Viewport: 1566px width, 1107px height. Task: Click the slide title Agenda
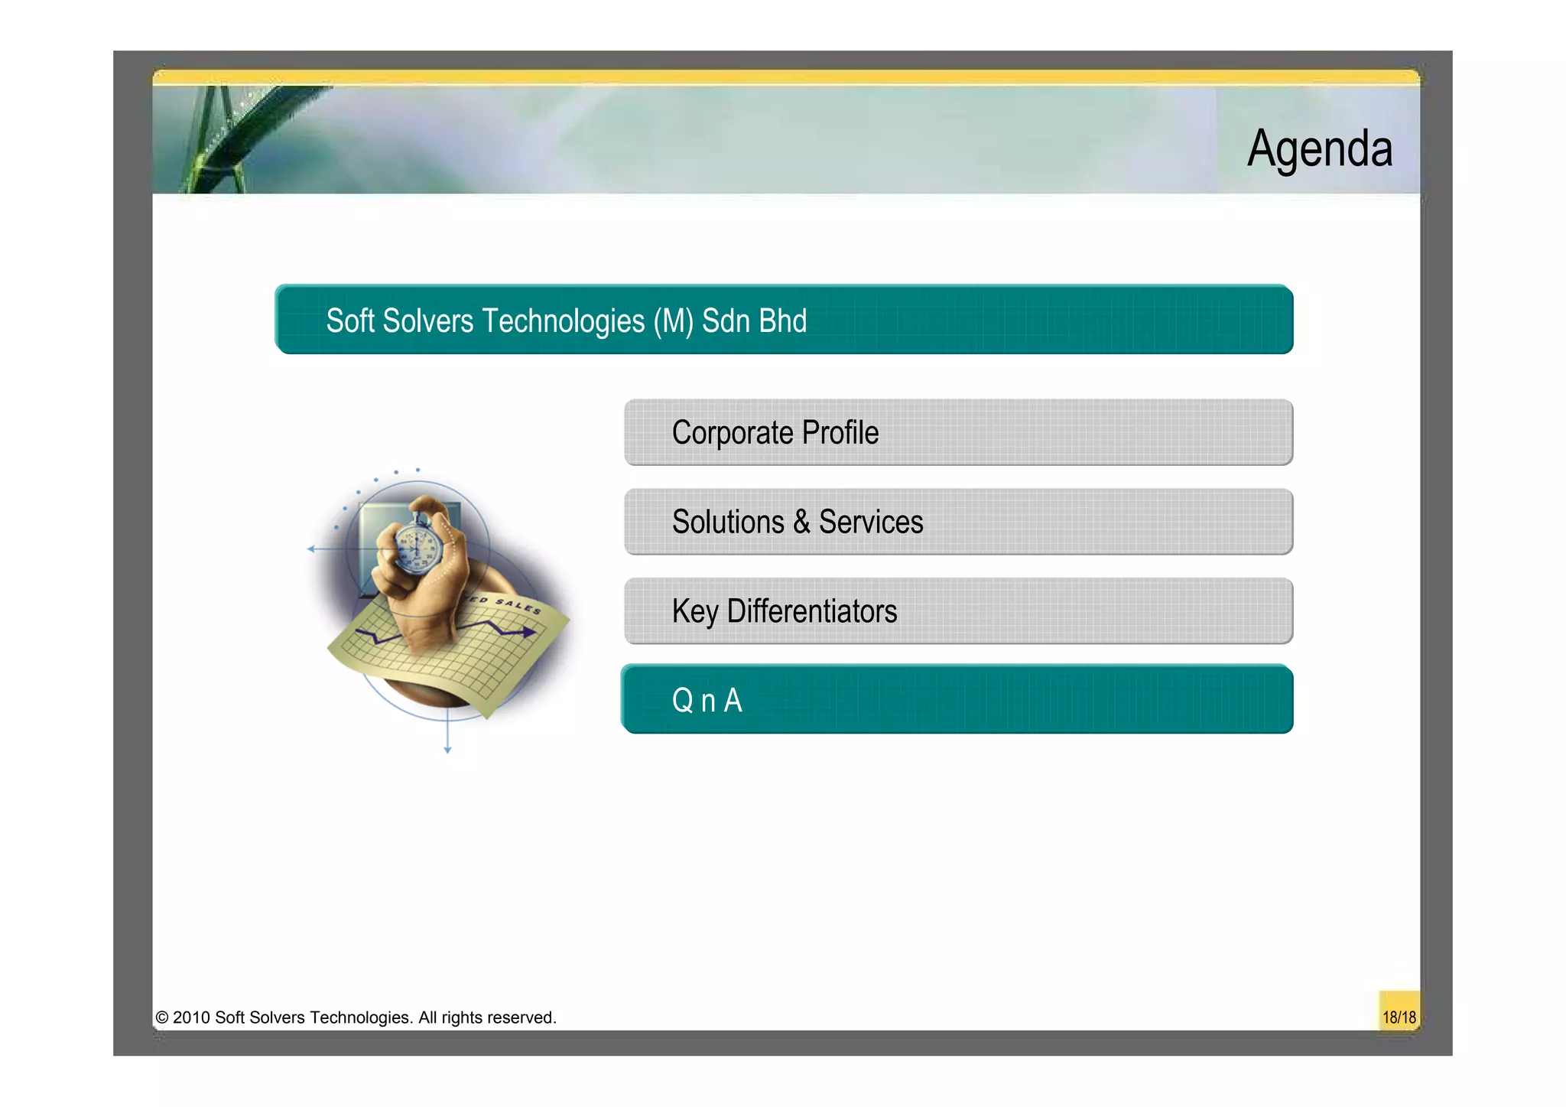1319,148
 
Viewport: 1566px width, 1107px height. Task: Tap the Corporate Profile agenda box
958,432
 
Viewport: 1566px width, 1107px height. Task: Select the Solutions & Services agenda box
958,522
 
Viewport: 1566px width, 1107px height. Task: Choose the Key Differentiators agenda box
958,611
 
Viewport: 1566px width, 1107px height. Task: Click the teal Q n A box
958,699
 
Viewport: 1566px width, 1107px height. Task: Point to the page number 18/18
1399,1017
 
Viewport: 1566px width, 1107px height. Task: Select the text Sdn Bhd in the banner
754,321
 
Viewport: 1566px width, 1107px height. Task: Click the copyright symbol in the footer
162,1017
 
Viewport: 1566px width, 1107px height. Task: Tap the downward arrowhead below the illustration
447,750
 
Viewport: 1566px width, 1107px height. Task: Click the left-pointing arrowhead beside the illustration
311,549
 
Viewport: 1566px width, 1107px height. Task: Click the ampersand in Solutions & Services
801,523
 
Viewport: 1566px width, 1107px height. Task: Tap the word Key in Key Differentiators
695,612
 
